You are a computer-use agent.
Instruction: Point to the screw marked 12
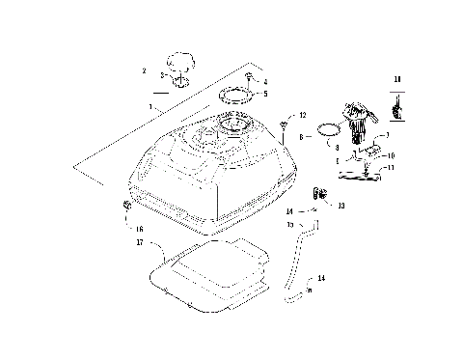pos(286,123)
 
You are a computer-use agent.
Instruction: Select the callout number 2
pos(143,70)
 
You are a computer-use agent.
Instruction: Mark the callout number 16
pos(140,229)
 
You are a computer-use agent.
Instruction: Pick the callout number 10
pos(391,155)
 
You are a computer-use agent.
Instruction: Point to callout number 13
pos(340,205)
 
